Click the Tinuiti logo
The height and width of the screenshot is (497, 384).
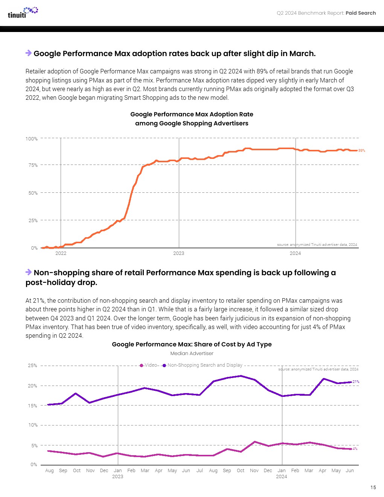point(23,12)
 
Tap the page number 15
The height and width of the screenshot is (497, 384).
point(373,487)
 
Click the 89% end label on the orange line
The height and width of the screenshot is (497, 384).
point(361,151)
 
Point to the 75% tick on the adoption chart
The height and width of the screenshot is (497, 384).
point(33,165)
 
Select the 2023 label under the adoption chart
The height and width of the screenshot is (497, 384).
point(178,253)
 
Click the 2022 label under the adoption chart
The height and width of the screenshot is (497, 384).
point(61,253)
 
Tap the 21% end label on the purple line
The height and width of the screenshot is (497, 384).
point(356,382)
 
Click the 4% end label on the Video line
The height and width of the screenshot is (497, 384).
point(355,449)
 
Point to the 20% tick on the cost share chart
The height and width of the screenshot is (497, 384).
point(32,386)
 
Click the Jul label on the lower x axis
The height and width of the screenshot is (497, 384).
point(200,471)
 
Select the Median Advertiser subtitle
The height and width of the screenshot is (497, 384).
point(192,354)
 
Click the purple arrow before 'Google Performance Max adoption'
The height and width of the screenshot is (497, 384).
point(29,53)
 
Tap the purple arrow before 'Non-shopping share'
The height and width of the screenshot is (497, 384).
point(29,272)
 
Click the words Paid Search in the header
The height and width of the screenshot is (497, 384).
point(361,13)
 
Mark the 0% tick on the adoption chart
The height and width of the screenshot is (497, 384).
point(34,248)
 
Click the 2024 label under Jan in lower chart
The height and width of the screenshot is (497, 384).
point(281,477)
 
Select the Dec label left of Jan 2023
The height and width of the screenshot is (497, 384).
point(104,471)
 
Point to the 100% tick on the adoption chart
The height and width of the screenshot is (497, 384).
point(32,139)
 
